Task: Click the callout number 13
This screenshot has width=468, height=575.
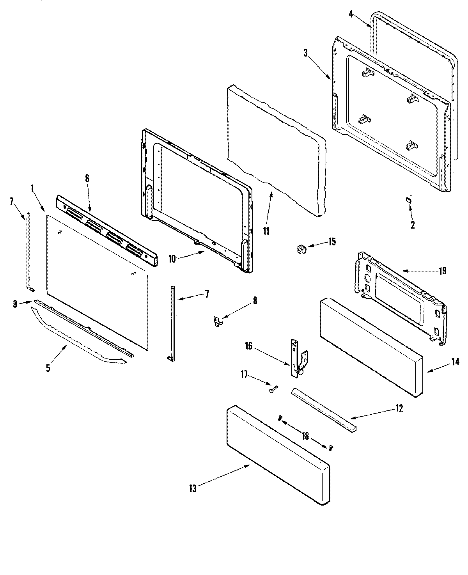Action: (x=193, y=489)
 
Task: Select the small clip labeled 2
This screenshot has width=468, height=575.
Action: (x=408, y=200)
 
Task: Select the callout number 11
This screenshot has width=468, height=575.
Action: (x=266, y=231)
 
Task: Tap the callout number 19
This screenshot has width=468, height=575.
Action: (x=442, y=271)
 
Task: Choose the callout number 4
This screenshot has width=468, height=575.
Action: (x=351, y=14)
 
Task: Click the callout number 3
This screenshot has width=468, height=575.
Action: (x=306, y=54)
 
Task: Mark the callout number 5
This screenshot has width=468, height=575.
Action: (x=48, y=368)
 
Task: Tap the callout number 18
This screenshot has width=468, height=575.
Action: (x=305, y=436)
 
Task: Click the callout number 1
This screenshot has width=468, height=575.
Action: (x=32, y=188)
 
